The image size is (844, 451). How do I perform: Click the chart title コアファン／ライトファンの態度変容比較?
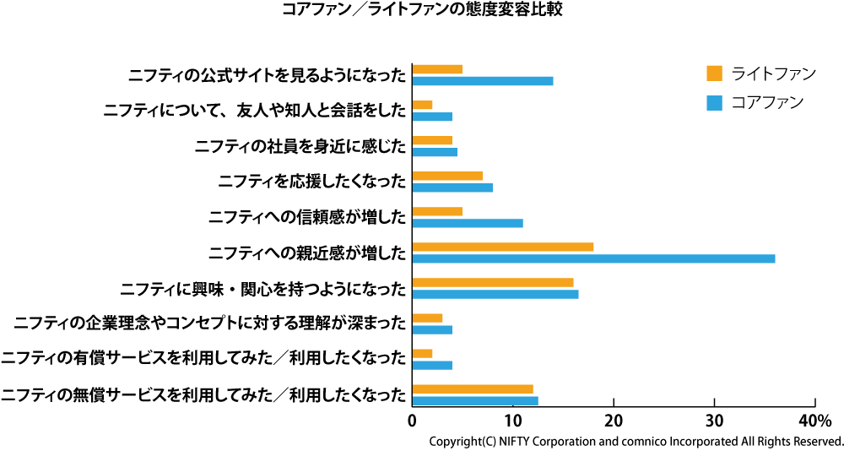[421, 10]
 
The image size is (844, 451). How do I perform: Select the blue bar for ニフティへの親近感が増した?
[593, 258]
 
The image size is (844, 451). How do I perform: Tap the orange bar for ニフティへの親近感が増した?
[503, 247]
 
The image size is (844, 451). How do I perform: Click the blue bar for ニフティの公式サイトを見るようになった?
[483, 81]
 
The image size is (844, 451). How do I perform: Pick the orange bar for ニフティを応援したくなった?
[447, 176]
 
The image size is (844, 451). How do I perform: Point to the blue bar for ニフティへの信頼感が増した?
[468, 223]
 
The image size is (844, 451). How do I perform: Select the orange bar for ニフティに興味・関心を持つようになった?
[493, 282]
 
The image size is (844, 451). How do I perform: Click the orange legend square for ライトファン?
[714, 73]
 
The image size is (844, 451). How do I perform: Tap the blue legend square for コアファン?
[714, 103]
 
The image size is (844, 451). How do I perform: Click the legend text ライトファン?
[773, 73]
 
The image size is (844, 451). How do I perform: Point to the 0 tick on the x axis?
[413, 420]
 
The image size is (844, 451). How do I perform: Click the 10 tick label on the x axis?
[512, 420]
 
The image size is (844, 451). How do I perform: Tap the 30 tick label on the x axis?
[714, 420]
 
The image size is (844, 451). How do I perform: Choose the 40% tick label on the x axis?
[814, 420]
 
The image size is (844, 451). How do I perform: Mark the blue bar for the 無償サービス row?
[475, 400]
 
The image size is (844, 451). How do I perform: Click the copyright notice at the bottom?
[636, 441]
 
